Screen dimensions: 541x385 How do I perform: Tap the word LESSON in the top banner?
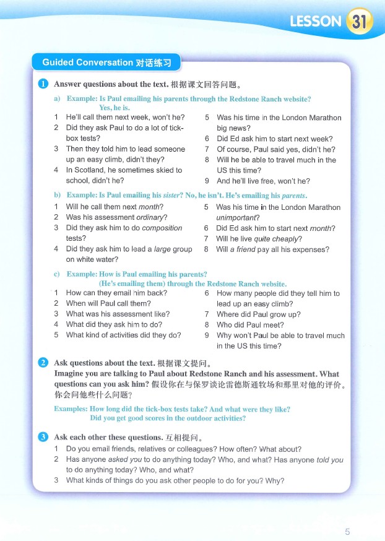click(316, 22)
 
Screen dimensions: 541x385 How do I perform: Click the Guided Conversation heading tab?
click(106, 63)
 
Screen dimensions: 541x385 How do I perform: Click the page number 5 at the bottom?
click(347, 531)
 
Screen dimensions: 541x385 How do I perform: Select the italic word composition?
click(162, 228)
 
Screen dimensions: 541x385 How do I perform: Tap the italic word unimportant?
click(238, 218)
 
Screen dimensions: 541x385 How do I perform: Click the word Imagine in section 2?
click(69, 374)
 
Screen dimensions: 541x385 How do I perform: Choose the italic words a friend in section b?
click(243, 249)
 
